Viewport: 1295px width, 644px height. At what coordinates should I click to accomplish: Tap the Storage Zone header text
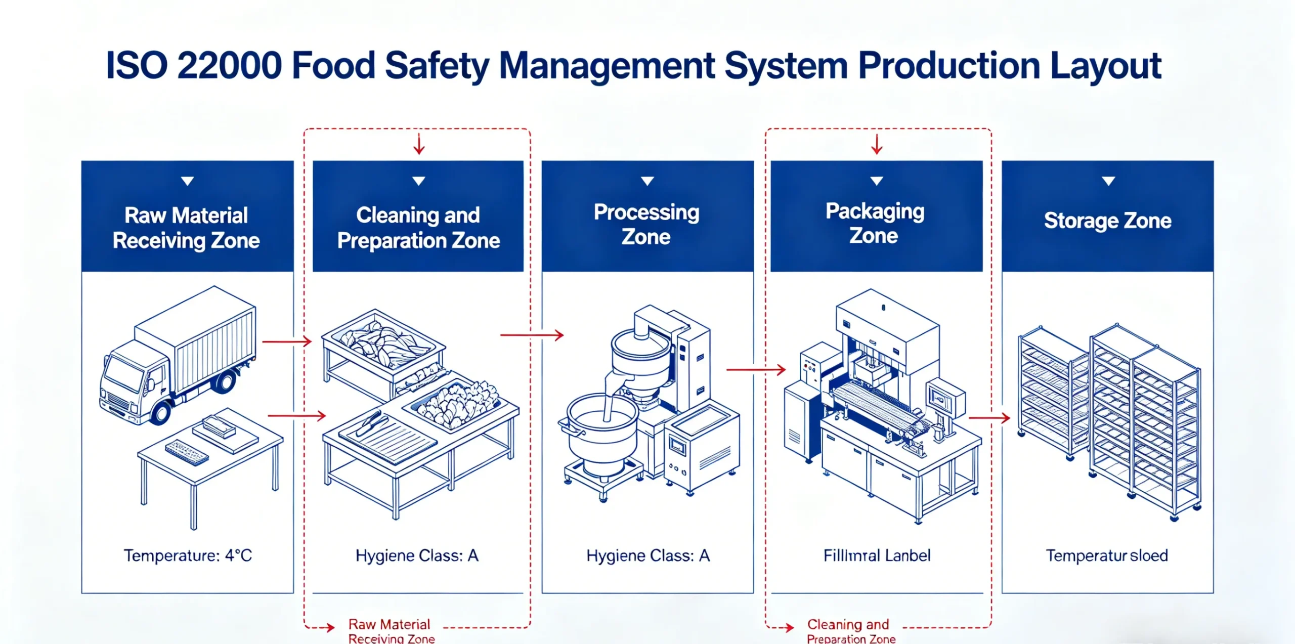tap(1107, 221)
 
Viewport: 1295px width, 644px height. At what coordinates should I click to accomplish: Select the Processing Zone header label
tap(646, 224)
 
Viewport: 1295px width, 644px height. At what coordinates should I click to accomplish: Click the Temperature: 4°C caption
tap(188, 555)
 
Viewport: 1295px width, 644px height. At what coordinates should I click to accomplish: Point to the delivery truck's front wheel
tap(161, 412)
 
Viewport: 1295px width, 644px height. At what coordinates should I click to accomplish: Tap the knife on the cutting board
tap(369, 424)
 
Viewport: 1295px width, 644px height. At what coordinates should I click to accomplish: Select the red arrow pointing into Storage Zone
tap(989, 418)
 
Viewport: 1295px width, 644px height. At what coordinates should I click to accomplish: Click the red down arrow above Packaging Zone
tap(877, 144)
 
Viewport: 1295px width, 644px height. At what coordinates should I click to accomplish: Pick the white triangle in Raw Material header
tap(188, 181)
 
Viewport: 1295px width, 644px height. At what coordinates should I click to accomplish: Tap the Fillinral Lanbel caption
tap(877, 555)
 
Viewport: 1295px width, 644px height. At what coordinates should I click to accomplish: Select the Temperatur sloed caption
tap(1107, 555)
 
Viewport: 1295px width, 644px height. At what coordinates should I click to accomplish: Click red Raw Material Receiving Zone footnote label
tap(391, 631)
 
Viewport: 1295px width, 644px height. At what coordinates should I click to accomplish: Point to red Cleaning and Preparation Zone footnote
tap(850, 631)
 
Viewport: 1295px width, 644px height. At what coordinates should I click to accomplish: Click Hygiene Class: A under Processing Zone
tap(648, 555)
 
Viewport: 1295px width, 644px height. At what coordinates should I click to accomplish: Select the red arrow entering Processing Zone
tap(532, 335)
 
